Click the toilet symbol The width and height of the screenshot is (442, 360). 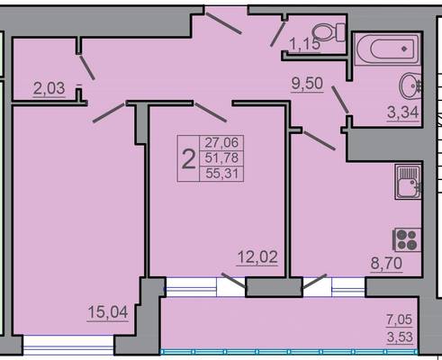coord(329,31)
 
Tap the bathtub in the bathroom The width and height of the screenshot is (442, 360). coord(387,49)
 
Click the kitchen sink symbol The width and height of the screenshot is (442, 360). coord(409,182)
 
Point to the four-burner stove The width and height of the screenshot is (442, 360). coord(407,240)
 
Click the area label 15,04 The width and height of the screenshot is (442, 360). coord(108,312)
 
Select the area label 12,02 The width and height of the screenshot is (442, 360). coord(257,257)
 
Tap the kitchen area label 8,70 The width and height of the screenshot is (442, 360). coord(386,264)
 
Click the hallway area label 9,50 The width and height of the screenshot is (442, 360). coord(307,83)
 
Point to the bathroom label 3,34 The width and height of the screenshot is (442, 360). coord(402,112)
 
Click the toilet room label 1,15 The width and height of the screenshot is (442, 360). coord(304,45)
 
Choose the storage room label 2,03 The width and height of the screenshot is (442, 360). coord(49,88)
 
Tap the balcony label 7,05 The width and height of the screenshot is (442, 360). coord(400,319)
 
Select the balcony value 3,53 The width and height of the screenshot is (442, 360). coord(400,337)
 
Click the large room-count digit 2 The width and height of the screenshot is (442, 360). coord(189,159)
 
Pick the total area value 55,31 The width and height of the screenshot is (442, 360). coord(221,174)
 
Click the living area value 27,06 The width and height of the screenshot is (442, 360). coord(221,142)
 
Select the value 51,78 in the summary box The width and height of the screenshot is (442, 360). coord(221,157)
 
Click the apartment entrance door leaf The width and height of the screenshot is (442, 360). coord(223,23)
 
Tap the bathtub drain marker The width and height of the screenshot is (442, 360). coord(404,49)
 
